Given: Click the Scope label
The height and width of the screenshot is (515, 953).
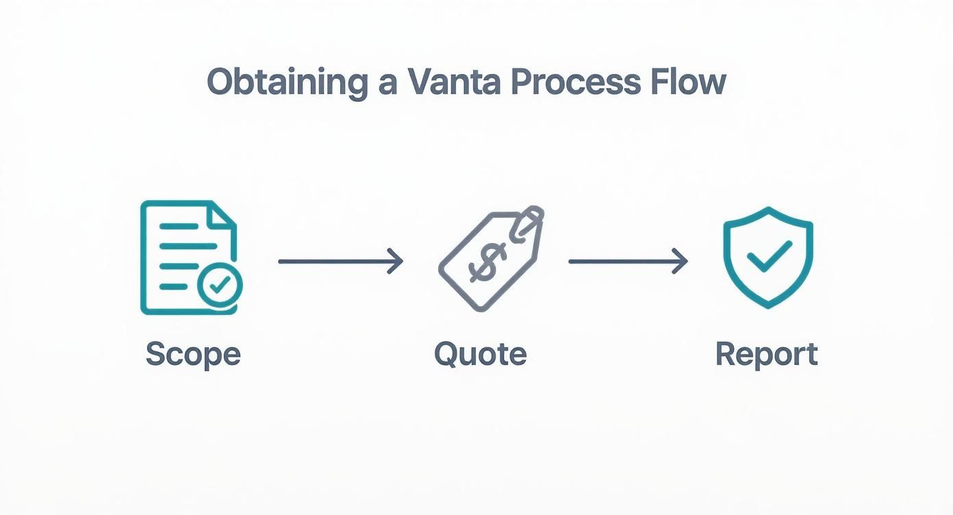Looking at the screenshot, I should (x=193, y=355).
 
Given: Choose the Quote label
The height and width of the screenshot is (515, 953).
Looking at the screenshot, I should (x=481, y=355).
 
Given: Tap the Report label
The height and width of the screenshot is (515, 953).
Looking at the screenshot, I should (x=767, y=355).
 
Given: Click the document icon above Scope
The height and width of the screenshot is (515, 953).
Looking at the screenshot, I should (x=185, y=257).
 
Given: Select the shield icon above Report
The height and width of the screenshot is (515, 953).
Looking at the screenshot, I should (x=768, y=256).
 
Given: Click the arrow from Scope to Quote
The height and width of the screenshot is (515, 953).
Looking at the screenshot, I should (x=340, y=261).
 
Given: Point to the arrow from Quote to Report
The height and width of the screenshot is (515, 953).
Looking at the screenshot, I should (x=628, y=261).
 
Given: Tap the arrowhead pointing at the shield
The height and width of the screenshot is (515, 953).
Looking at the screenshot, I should (x=681, y=261).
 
